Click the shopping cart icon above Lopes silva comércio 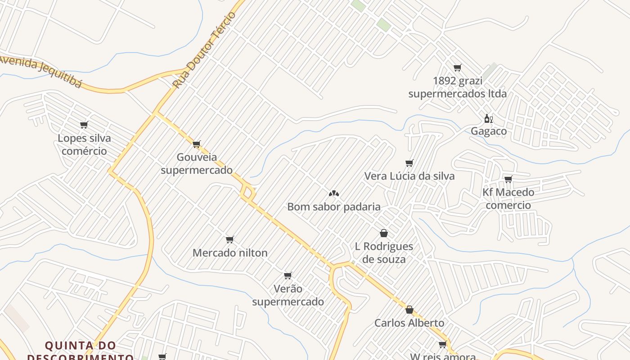(84, 125)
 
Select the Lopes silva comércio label (84, 144)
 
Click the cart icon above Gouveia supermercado (196, 144)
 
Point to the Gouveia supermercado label (197, 164)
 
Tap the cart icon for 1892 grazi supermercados (457, 67)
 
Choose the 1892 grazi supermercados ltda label (457, 87)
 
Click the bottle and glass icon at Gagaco (488, 119)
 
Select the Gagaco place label (489, 131)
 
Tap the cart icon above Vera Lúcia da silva (409, 163)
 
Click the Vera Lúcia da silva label (409, 176)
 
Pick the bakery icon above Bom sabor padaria (333, 193)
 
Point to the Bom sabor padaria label (334, 207)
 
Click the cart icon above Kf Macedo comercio (508, 179)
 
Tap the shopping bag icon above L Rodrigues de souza (384, 233)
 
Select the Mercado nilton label (230, 253)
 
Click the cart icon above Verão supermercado (288, 275)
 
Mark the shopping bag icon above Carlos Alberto (409, 310)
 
